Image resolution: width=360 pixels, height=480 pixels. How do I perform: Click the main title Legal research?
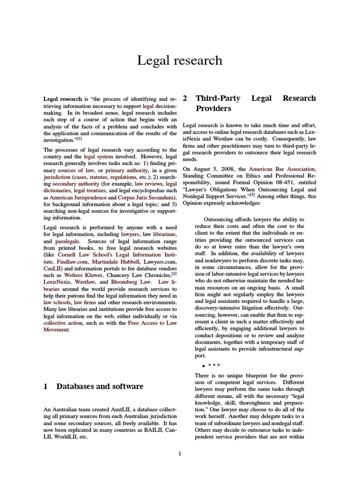[180, 60]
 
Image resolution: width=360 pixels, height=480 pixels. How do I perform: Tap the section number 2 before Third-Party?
[185, 98]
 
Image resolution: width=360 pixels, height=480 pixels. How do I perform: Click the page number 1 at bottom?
[180, 453]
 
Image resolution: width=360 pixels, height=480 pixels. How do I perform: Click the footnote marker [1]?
[79, 139]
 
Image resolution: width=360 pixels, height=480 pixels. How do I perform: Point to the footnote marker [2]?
[174, 273]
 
